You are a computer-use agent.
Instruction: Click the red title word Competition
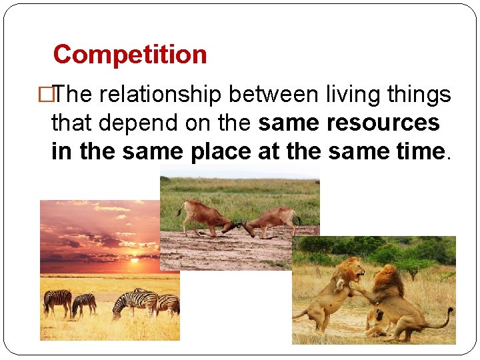coord(130,54)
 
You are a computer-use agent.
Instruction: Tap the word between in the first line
coord(273,95)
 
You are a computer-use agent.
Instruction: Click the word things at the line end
coord(421,95)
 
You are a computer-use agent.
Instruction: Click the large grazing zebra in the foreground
coord(133,302)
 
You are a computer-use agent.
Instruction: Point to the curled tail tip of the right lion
coord(451,311)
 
